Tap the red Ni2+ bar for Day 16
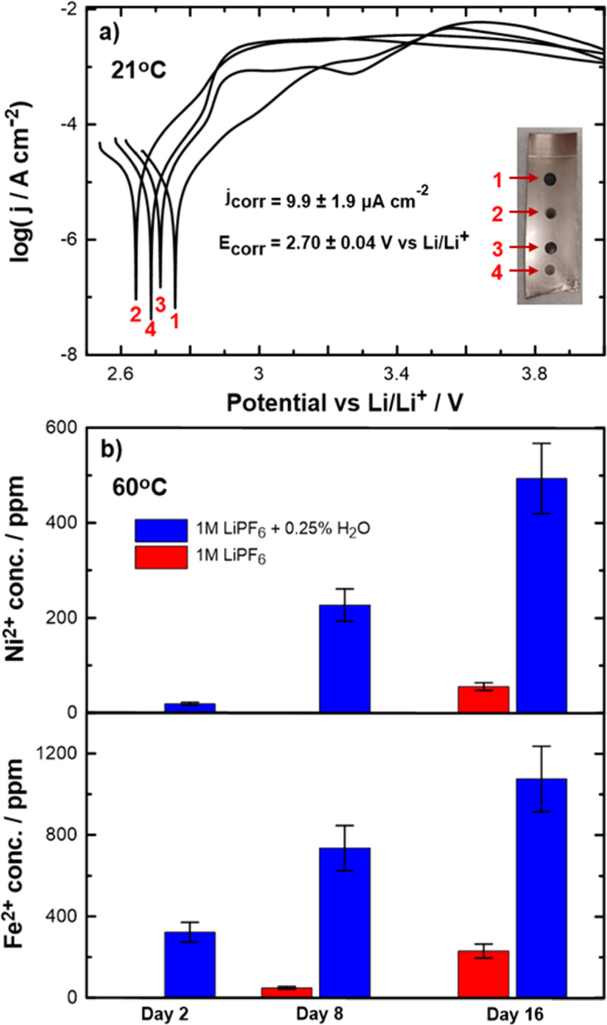(x=483, y=699)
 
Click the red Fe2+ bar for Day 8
(x=286, y=992)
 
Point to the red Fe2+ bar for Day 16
(x=483, y=973)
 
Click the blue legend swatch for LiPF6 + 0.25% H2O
(x=161, y=530)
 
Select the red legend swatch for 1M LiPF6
(x=161, y=557)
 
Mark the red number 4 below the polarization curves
(x=150, y=329)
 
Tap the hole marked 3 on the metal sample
(x=550, y=248)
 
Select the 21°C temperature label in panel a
(x=138, y=71)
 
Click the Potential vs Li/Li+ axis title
(x=344, y=402)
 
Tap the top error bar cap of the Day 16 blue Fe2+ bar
(x=541, y=746)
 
